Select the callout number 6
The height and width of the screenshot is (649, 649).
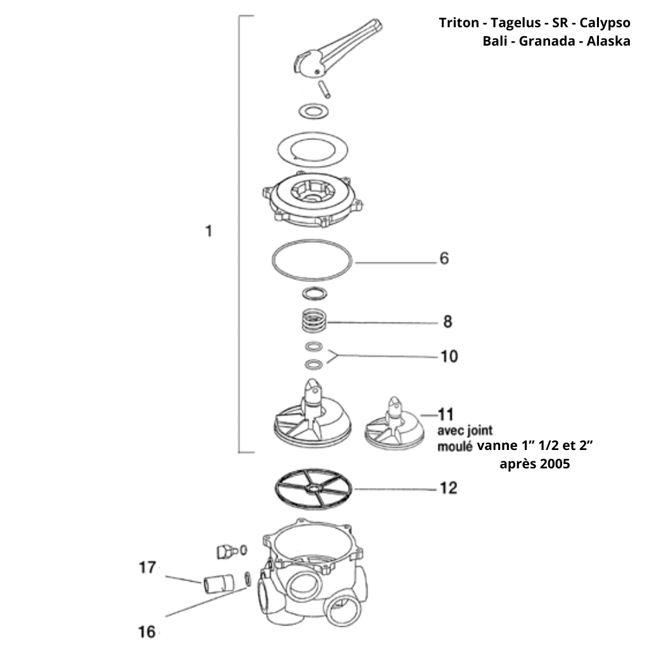(444, 259)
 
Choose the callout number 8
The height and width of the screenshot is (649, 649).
(447, 322)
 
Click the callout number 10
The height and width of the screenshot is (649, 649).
(449, 357)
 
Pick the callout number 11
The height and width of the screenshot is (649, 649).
(446, 415)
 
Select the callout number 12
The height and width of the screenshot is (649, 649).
(448, 489)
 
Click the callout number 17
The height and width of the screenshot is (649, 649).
(147, 568)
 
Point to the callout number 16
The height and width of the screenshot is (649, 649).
(146, 632)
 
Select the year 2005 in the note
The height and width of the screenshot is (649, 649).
(555, 464)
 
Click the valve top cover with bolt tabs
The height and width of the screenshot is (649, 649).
(314, 202)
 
